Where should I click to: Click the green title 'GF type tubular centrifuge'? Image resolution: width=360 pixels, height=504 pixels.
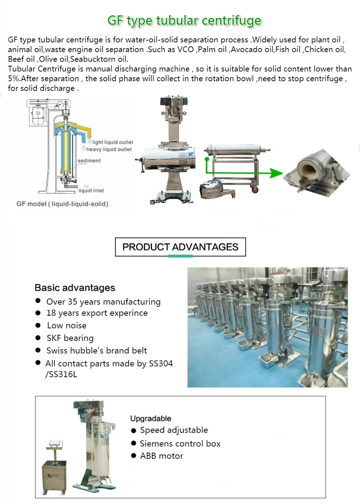pyautogui.click(x=184, y=21)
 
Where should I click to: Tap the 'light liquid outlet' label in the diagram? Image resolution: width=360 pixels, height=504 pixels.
pyautogui.click(x=112, y=142)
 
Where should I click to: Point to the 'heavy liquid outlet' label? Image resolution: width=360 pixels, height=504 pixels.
pyautogui.click(x=109, y=149)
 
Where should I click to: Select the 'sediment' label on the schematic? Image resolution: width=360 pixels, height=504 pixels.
pyautogui.click(x=89, y=161)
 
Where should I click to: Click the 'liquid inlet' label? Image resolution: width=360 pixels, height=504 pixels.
pyautogui.click(x=91, y=190)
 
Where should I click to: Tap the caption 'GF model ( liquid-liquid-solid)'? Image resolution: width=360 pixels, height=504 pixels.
pyautogui.click(x=62, y=204)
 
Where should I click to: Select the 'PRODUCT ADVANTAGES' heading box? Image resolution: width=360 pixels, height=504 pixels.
pyautogui.click(x=180, y=247)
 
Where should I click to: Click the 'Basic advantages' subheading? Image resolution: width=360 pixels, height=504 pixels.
pyautogui.click(x=75, y=288)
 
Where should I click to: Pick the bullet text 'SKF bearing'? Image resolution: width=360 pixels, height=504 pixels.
pyautogui.click(x=70, y=338)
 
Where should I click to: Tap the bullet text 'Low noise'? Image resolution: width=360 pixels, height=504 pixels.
pyautogui.click(x=67, y=325)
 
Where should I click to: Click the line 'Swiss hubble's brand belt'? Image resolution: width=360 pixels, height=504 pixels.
pyautogui.click(x=97, y=351)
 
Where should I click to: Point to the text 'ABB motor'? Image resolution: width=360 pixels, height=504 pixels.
pyautogui.click(x=161, y=456)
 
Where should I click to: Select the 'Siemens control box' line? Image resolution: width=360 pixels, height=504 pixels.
pyautogui.click(x=180, y=444)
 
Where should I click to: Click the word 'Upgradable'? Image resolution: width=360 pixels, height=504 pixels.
pyautogui.click(x=151, y=419)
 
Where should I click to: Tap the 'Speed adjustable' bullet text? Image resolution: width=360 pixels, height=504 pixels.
pyautogui.click(x=174, y=430)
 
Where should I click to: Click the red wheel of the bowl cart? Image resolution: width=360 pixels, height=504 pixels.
pyautogui.click(x=255, y=189)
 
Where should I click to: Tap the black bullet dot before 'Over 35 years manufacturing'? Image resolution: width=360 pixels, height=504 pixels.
pyautogui.click(x=38, y=301)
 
